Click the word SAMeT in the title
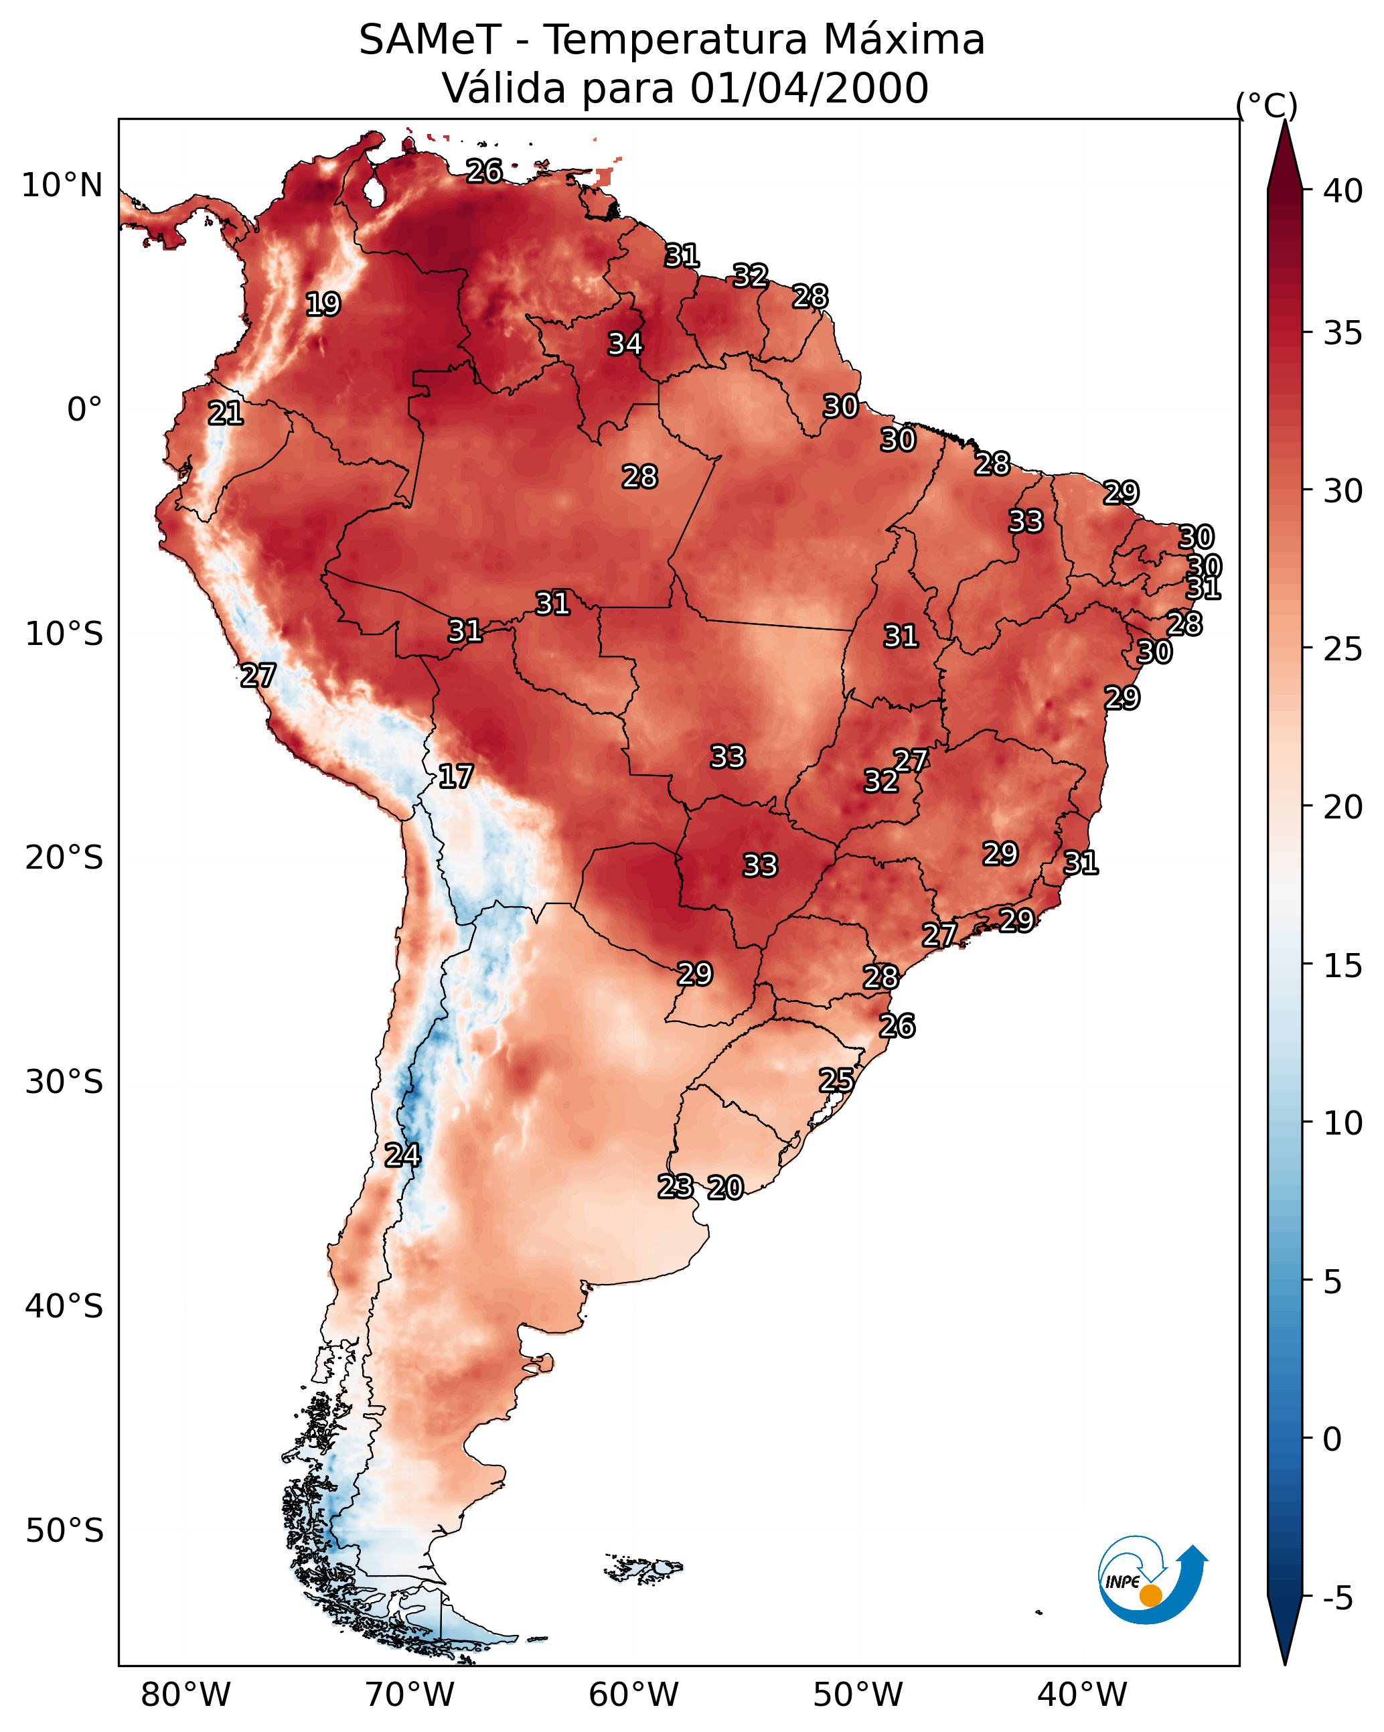(x=430, y=40)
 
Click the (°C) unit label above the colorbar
(x=1267, y=105)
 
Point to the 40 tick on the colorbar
(x=1343, y=191)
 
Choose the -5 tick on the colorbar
(x=1337, y=1599)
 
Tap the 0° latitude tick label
(x=84, y=410)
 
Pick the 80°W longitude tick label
(x=185, y=1694)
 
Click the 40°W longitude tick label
(x=1082, y=1694)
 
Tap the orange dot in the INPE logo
(x=1150, y=1595)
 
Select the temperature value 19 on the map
(x=323, y=305)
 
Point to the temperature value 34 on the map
(x=625, y=344)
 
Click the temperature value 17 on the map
(x=455, y=776)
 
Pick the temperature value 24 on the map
(x=402, y=1155)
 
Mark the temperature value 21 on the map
(x=226, y=414)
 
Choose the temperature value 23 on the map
(x=676, y=1187)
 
